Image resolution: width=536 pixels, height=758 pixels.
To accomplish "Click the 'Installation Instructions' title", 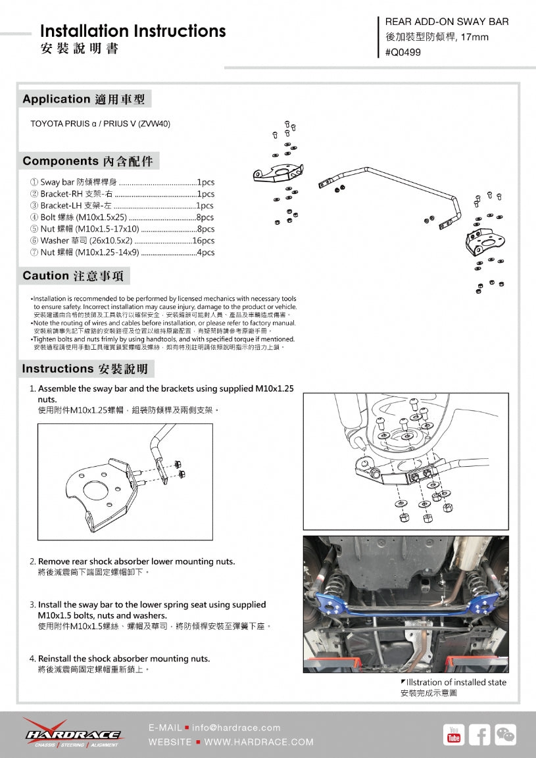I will [x=133, y=31].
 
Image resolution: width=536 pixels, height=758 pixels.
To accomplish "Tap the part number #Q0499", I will [x=403, y=52].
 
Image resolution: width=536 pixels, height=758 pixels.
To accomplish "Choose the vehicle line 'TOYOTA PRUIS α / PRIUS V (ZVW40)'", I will [x=101, y=124].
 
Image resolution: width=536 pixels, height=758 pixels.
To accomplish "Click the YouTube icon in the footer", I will [x=454, y=734].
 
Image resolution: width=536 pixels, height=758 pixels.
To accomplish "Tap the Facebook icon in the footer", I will [x=479, y=734].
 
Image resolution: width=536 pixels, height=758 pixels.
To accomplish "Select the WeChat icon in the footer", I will [x=506, y=734].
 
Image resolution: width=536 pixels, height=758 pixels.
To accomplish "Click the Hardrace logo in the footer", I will [x=72, y=734].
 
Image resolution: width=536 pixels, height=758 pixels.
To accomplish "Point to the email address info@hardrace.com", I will [x=236, y=728].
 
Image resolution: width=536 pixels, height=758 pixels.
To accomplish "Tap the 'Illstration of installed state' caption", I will [x=456, y=682].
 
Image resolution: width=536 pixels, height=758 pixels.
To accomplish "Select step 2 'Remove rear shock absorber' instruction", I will [x=136, y=561].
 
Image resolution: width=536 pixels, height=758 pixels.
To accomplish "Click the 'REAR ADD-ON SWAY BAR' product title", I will [x=447, y=22].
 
